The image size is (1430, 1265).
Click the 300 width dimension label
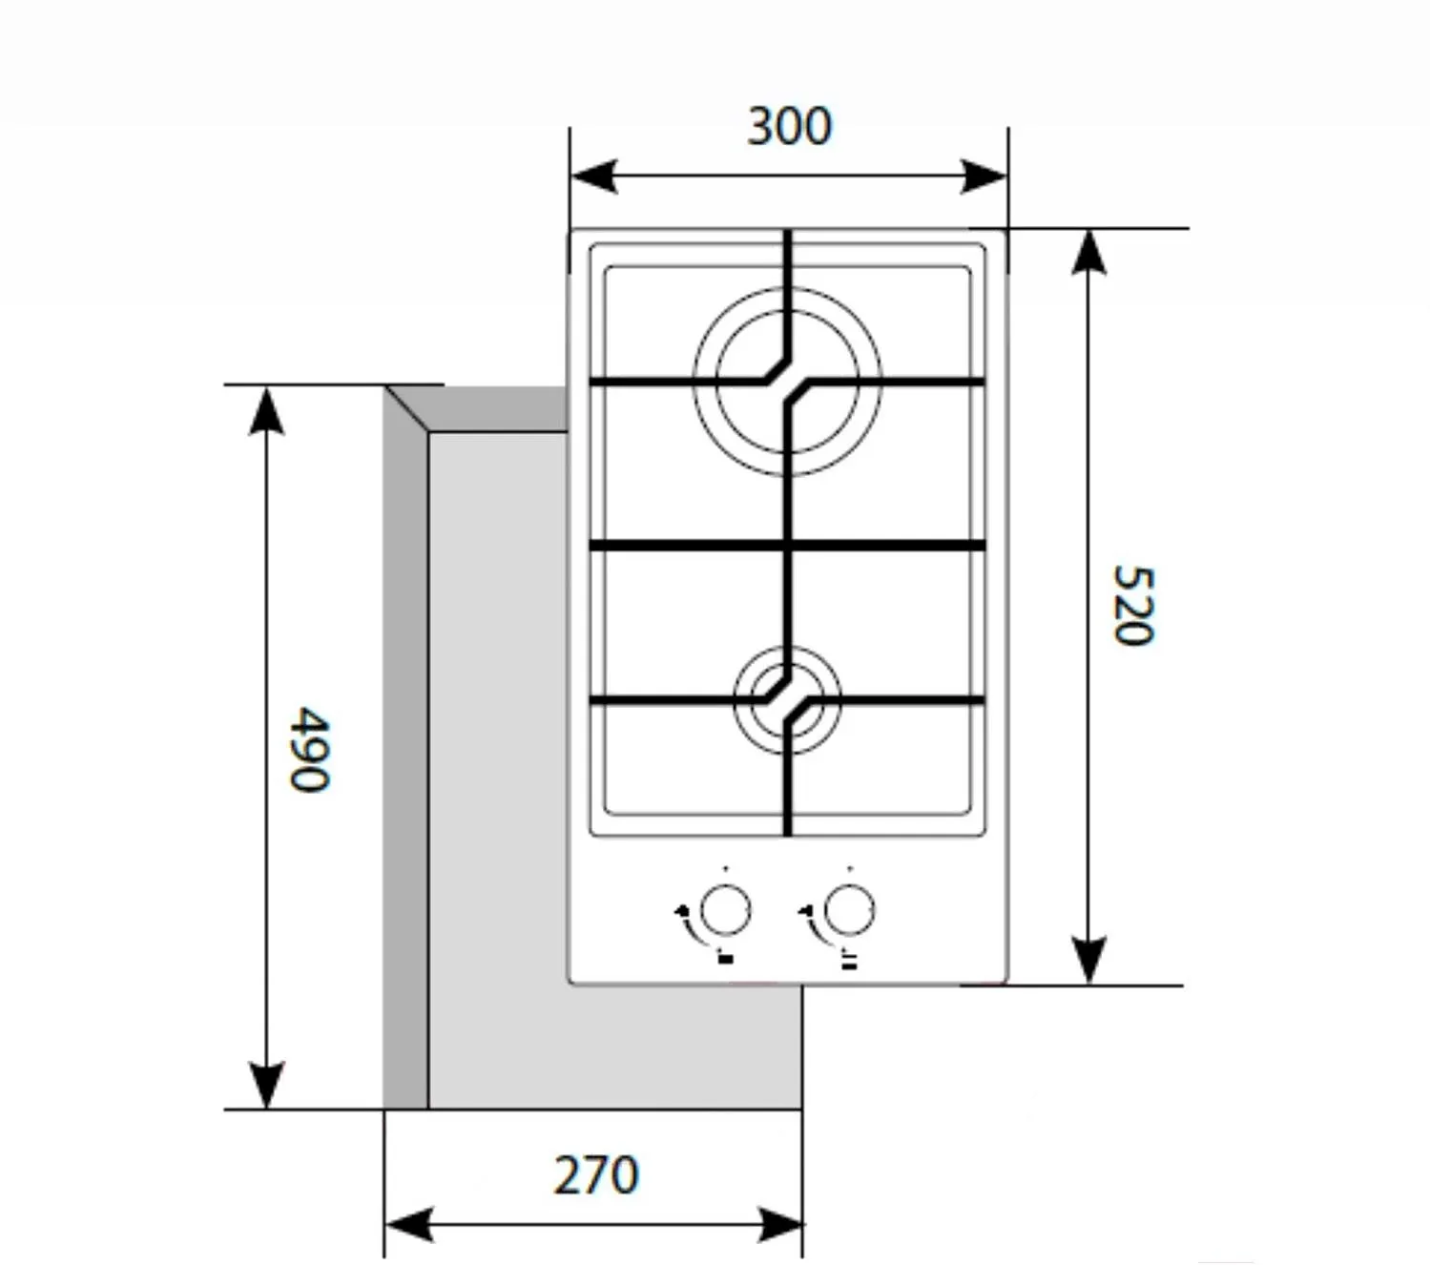click(789, 126)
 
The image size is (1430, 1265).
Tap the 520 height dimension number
click(1133, 605)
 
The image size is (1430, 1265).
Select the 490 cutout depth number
click(309, 749)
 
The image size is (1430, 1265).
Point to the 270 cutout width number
click(596, 1175)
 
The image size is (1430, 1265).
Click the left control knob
click(725, 911)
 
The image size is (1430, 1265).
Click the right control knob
click(849, 911)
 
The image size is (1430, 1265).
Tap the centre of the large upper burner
click(787, 382)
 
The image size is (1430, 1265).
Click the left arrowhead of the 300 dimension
click(593, 176)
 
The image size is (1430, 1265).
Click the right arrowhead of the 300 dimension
click(984, 176)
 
